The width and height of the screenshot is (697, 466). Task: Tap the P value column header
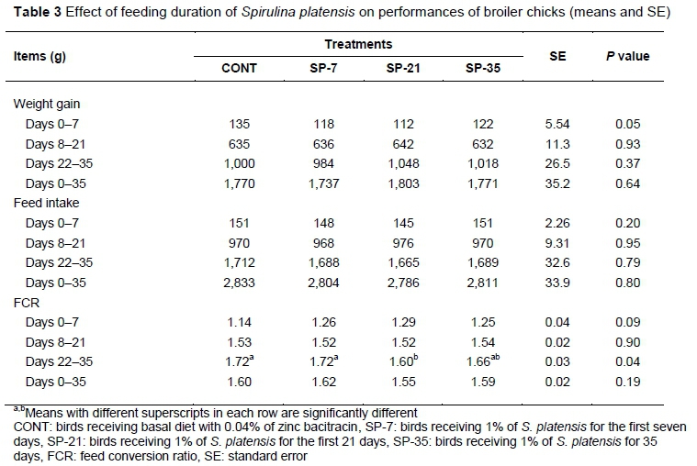(x=627, y=56)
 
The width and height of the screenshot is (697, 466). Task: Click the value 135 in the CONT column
(x=240, y=124)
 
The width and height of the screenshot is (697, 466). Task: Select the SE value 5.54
(x=558, y=124)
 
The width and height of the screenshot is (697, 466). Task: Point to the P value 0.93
(x=627, y=143)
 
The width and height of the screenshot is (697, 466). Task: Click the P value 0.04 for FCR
(x=627, y=363)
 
